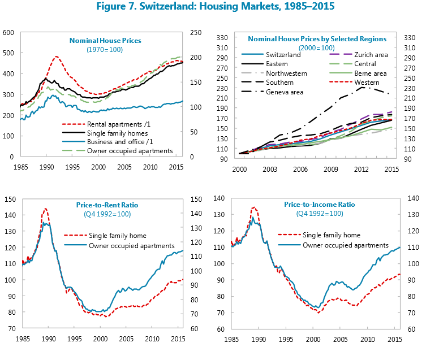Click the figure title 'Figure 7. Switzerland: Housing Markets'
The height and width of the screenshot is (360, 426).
tap(213, 7)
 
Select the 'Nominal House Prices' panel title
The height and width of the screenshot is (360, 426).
tap(105, 41)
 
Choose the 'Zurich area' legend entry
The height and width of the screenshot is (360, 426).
tap(370, 55)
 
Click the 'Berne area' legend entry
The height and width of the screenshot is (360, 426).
tap(370, 73)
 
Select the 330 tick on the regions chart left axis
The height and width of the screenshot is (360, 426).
tap(222, 38)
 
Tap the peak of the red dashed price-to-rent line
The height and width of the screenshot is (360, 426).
tap(45, 209)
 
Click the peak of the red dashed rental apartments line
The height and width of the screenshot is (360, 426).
tap(56, 57)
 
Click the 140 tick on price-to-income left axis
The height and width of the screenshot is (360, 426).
tap(222, 198)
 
